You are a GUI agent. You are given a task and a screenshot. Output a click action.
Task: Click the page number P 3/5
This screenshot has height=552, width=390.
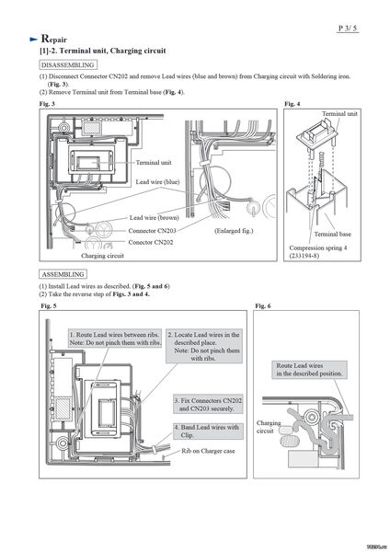click(x=348, y=29)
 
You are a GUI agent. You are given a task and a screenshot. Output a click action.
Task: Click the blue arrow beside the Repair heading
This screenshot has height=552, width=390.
click(x=34, y=40)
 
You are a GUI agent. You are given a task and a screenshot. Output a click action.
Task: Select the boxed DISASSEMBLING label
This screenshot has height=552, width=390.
click(x=67, y=64)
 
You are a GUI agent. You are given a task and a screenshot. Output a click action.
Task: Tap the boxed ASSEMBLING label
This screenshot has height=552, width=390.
click(x=63, y=274)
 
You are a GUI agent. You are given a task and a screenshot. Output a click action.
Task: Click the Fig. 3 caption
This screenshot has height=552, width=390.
click(x=47, y=104)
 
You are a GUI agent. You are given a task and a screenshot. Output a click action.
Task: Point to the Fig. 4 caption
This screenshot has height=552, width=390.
click(x=292, y=104)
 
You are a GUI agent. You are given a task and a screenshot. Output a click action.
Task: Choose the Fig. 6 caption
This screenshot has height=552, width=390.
click(x=263, y=306)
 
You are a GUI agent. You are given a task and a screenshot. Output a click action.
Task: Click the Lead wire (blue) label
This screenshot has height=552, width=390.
click(x=157, y=182)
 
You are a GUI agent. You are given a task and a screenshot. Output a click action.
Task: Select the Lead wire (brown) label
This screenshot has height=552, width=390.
click(x=155, y=217)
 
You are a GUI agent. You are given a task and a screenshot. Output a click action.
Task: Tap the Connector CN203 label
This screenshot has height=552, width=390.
click(x=152, y=231)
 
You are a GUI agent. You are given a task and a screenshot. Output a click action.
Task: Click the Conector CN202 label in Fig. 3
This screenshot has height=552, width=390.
click(x=151, y=242)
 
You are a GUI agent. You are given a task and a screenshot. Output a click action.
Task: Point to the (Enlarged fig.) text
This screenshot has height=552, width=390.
click(x=234, y=231)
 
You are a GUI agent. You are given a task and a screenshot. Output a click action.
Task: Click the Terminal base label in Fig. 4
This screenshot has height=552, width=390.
click(x=333, y=234)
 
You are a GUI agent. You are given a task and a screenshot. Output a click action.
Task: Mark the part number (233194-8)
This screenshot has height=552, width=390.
click(x=304, y=255)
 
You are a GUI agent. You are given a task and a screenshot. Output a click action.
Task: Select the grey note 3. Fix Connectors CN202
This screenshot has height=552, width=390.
click(x=208, y=405)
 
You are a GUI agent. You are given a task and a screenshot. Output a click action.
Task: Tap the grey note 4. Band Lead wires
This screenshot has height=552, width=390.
click(x=208, y=431)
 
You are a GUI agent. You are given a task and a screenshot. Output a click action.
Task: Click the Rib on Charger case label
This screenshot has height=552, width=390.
click(x=208, y=451)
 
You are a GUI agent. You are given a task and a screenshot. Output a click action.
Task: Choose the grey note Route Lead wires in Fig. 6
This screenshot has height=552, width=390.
click(x=309, y=370)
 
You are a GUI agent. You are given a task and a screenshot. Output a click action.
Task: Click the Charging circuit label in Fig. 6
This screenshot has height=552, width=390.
click(x=269, y=427)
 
